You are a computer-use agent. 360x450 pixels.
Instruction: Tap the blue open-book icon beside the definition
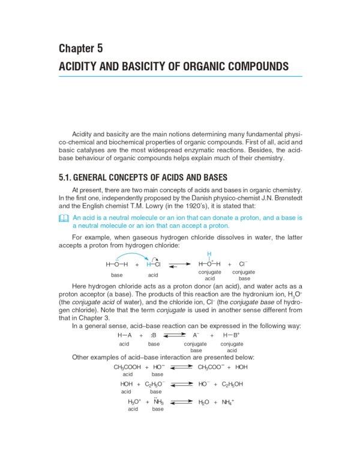(64, 219)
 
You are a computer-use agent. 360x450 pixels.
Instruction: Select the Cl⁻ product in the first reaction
(243, 263)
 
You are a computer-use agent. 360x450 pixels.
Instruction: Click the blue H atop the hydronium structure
(209, 254)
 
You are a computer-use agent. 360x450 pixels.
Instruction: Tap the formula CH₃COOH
(127, 367)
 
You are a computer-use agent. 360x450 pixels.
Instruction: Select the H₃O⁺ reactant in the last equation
(134, 402)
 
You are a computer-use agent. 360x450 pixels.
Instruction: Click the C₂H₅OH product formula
(232, 384)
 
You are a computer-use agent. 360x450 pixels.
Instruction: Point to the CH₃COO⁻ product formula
(211, 367)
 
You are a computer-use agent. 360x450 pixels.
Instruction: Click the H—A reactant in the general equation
(125, 335)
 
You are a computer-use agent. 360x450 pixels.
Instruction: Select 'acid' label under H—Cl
(153, 274)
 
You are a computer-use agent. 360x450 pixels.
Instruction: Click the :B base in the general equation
(154, 335)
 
